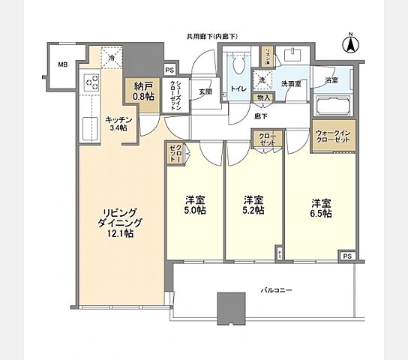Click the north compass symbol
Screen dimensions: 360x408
click(349, 44)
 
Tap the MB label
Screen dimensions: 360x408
click(62, 65)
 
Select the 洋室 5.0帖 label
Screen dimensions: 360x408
click(196, 205)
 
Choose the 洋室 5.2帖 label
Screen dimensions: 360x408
click(253, 205)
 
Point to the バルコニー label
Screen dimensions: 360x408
click(276, 289)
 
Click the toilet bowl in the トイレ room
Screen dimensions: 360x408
click(240, 66)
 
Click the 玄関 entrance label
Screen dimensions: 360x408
click(205, 93)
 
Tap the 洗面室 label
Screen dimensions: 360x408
click(292, 83)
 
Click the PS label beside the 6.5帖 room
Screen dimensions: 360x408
click(346, 256)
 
